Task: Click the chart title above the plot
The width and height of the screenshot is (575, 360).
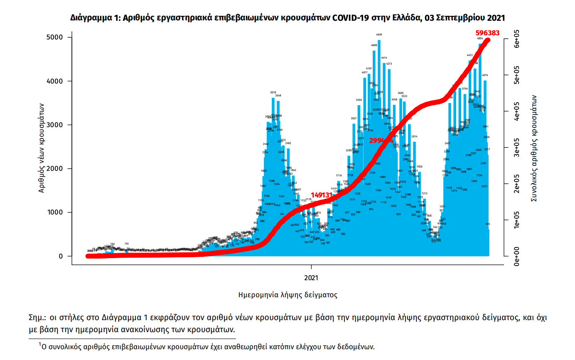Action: (287, 18)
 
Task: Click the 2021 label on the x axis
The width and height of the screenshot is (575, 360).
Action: (312, 277)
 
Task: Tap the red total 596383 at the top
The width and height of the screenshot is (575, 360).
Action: (487, 33)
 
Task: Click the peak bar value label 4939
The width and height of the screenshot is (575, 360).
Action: (379, 35)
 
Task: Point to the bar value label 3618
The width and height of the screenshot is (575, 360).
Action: (273, 92)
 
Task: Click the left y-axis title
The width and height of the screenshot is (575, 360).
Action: (42, 147)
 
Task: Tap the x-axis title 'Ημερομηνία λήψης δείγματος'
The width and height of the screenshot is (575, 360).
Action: (287, 295)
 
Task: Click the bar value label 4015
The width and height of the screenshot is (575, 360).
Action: (485, 75)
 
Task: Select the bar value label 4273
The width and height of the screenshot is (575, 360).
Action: (389, 64)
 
